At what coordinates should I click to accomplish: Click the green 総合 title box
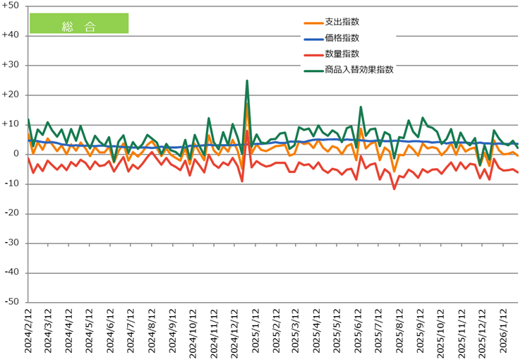click(x=78, y=23)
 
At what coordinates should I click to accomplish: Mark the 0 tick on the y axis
click(x=17, y=154)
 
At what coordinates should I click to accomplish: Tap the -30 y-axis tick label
click(x=13, y=243)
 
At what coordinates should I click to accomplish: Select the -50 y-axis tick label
click(x=13, y=301)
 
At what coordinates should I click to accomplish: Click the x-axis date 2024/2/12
click(x=28, y=332)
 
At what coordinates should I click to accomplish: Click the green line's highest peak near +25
click(x=247, y=80)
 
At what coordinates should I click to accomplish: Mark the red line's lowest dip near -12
click(x=395, y=188)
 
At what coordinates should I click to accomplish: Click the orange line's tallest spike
click(x=247, y=104)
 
